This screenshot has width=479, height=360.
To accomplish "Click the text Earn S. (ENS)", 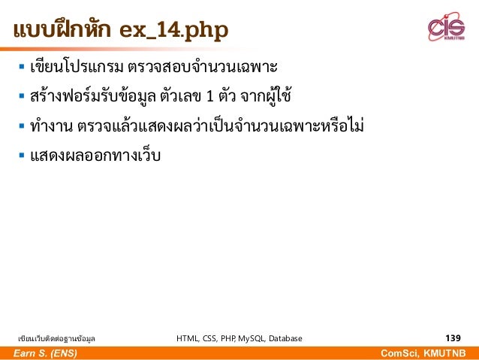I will [44, 353].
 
